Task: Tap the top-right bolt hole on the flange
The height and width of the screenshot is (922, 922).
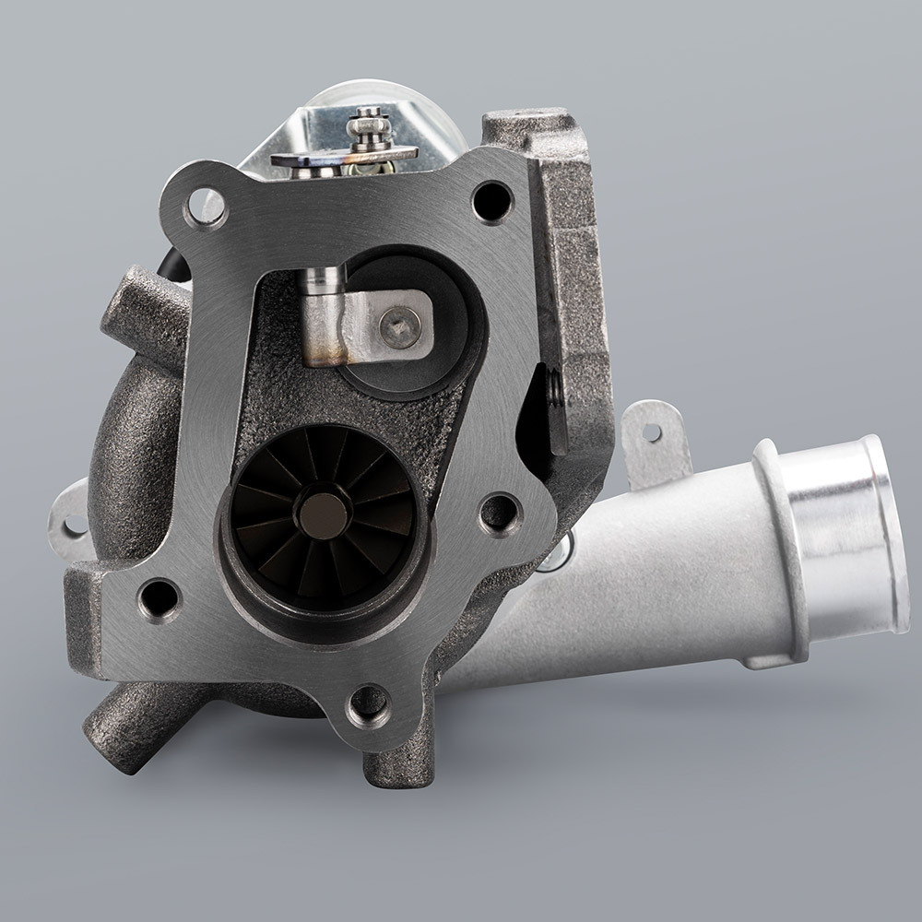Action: [x=492, y=198]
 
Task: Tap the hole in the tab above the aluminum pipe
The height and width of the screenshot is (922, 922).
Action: [x=654, y=431]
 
